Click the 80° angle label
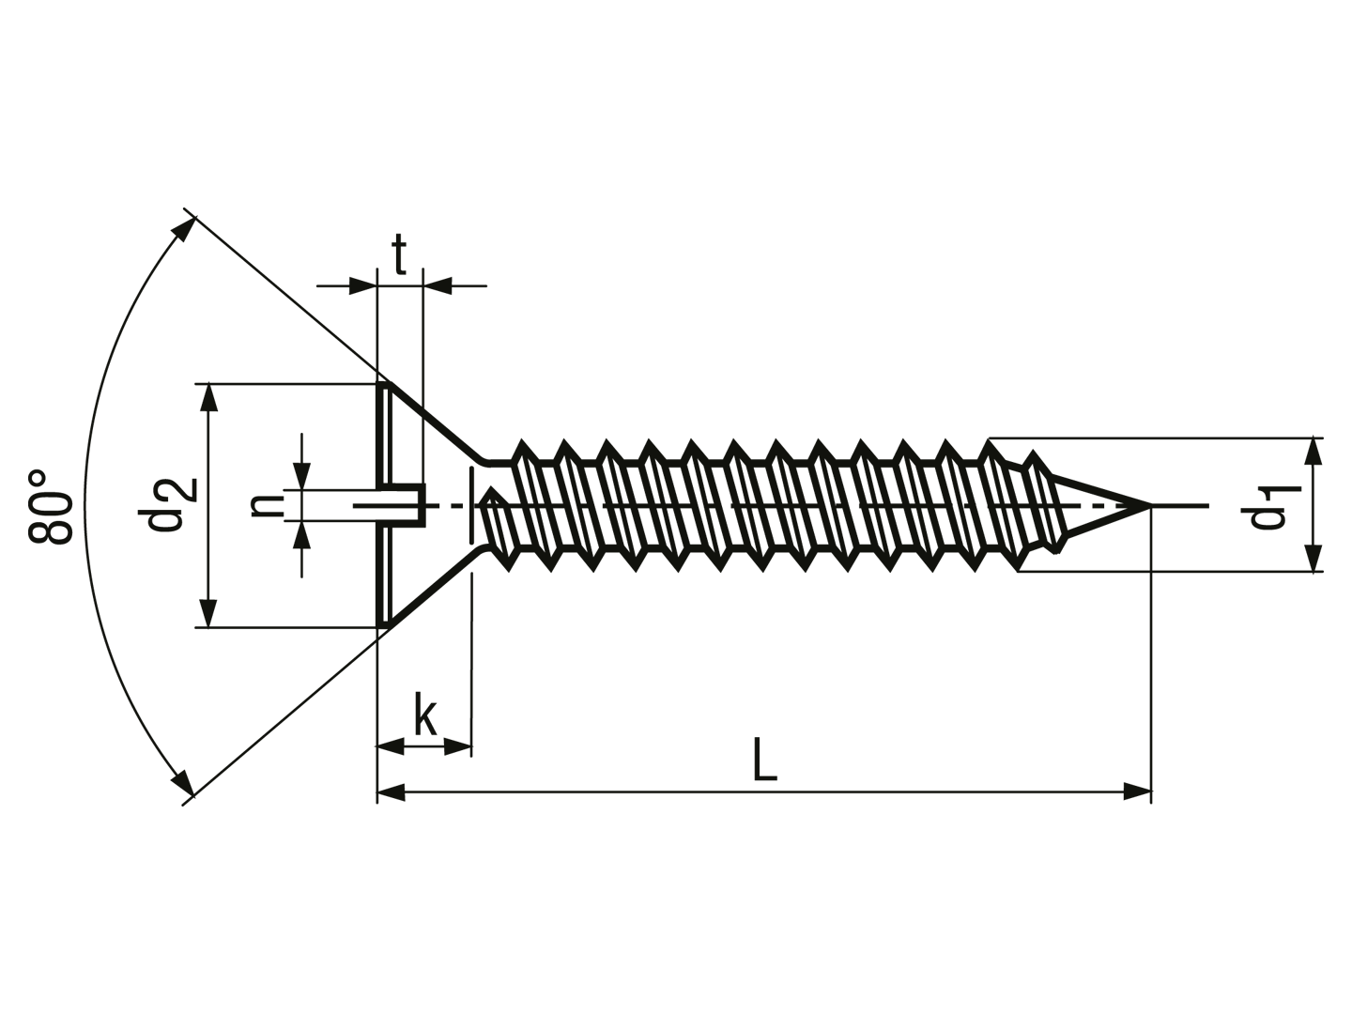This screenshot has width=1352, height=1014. coord(51,507)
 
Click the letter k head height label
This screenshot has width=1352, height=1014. coord(424,714)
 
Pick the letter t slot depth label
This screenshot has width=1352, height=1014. coord(399,253)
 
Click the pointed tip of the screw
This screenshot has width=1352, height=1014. coord(1149,506)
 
